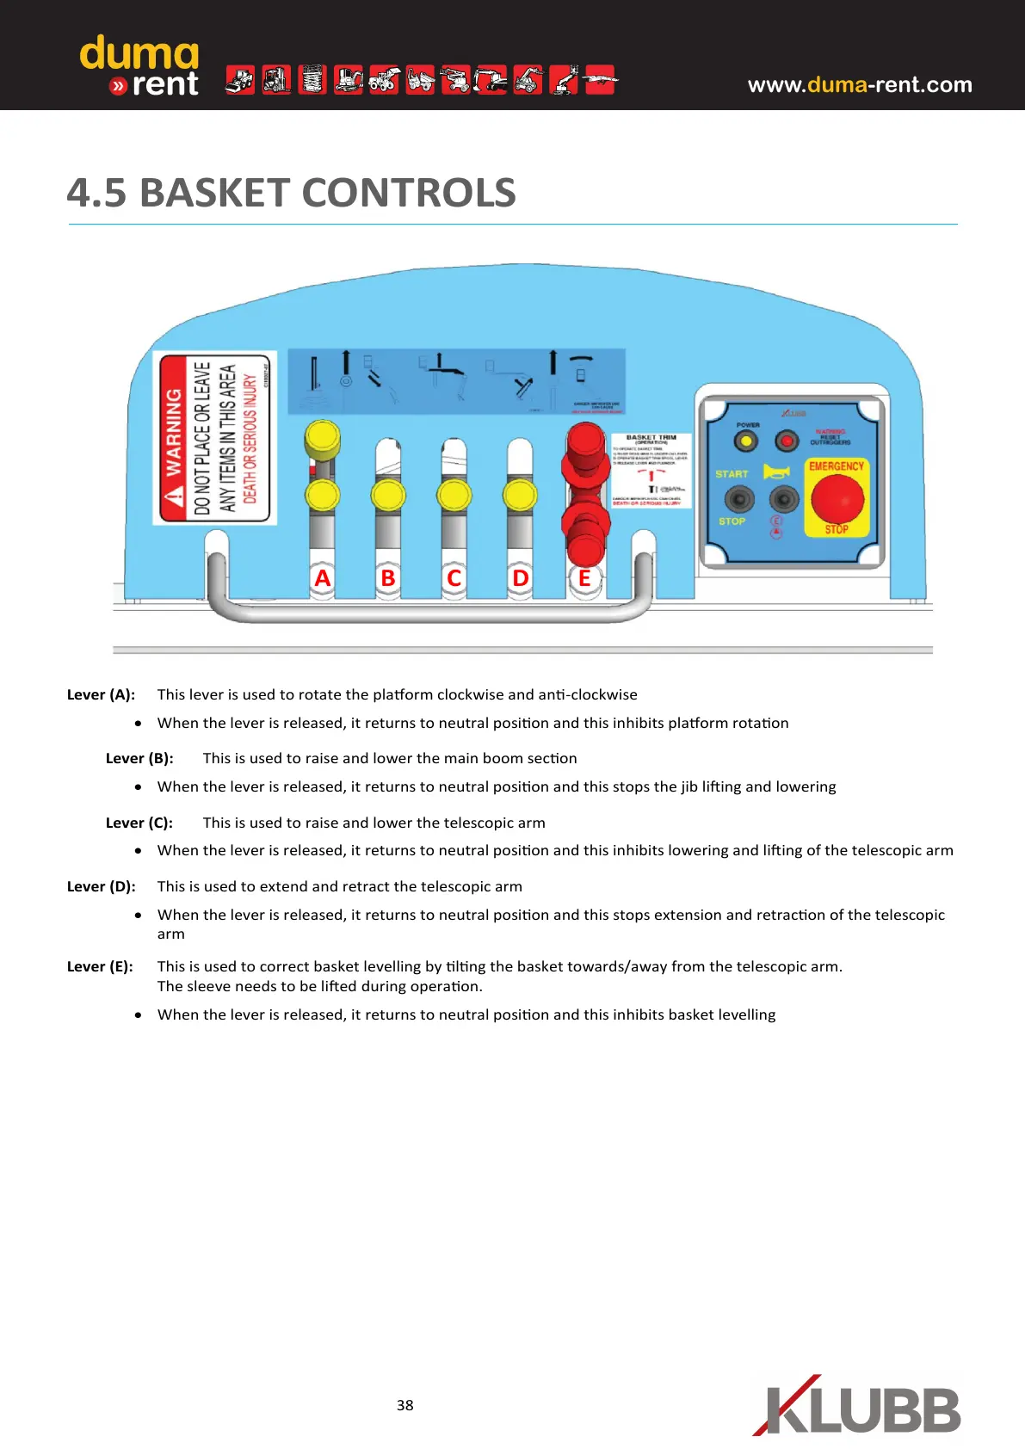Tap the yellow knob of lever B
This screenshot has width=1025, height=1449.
pyautogui.click(x=388, y=496)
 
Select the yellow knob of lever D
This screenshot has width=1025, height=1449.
pyautogui.click(x=520, y=496)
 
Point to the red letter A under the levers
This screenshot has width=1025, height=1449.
pyautogui.click(x=323, y=578)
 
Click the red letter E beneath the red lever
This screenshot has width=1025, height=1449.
pyautogui.click(x=585, y=578)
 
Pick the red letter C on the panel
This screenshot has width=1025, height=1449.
pyautogui.click(x=454, y=578)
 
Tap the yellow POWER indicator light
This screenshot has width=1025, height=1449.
pyautogui.click(x=745, y=441)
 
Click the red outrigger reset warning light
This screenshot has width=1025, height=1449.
pyautogui.click(x=787, y=441)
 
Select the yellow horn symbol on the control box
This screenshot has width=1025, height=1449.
pyautogui.click(x=775, y=472)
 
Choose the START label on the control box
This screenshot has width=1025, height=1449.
pyautogui.click(x=732, y=474)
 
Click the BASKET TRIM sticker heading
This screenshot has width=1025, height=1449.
pyautogui.click(x=651, y=438)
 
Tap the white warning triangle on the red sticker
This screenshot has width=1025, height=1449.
pyautogui.click(x=175, y=496)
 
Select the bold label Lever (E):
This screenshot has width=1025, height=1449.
pyautogui.click(x=100, y=966)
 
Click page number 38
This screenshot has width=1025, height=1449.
pyautogui.click(x=404, y=1405)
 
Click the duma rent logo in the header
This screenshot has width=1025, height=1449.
pyautogui.click(x=139, y=66)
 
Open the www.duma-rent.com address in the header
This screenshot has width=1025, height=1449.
pyautogui.click(x=860, y=84)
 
